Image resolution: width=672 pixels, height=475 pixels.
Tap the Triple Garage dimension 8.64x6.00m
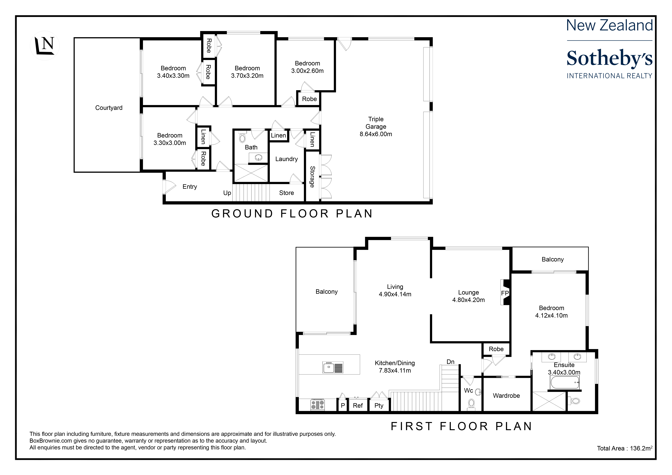point(376,134)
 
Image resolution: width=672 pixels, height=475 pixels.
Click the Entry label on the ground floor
point(190,187)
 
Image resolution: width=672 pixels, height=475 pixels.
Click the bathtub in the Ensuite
point(565,382)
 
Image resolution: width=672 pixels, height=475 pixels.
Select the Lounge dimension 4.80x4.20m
point(469,300)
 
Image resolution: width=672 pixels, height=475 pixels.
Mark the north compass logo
point(45,46)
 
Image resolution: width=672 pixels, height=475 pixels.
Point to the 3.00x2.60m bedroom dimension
point(307,71)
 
